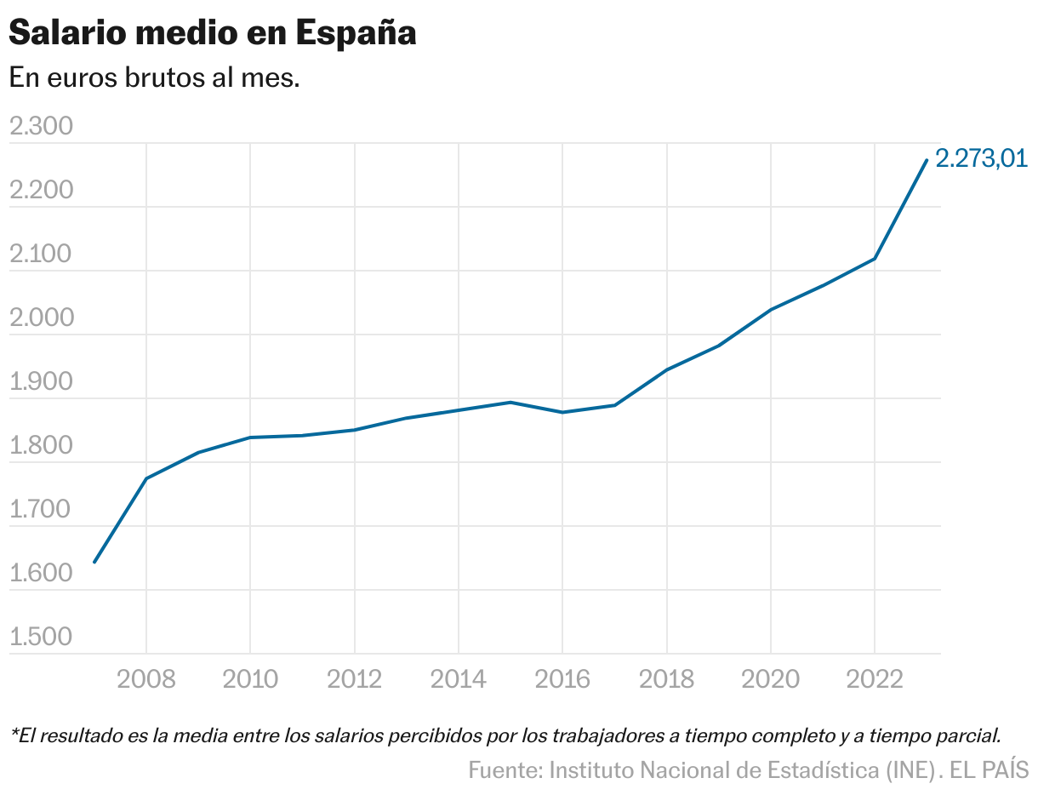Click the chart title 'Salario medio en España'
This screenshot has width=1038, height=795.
[212, 33]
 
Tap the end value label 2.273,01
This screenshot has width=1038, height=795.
[981, 158]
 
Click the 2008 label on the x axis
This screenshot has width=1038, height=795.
[146, 679]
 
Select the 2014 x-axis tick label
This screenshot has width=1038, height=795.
[459, 679]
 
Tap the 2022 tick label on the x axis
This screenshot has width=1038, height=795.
[874, 679]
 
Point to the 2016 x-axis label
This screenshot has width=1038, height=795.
[562, 679]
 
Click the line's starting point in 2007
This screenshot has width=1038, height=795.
[94, 562]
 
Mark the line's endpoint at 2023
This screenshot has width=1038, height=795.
[927, 160]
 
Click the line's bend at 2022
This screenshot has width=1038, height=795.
[875, 259]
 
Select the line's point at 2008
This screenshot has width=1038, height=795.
[146, 478]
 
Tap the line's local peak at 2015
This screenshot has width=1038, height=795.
[510, 402]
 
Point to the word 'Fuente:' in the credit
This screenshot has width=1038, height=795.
[505, 770]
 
